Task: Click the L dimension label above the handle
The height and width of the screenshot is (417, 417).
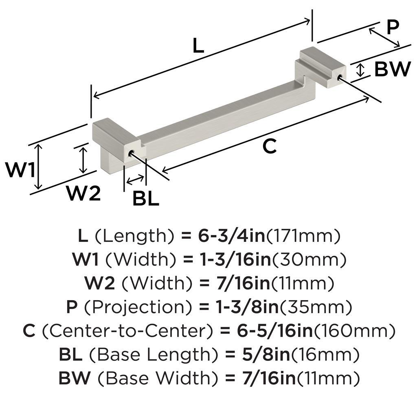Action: (198, 46)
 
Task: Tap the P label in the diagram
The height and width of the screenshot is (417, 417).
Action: (393, 27)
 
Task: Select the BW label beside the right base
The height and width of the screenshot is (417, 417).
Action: (393, 69)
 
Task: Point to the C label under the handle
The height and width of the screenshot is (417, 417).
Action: (269, 146)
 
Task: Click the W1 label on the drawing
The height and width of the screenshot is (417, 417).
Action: (21, 170)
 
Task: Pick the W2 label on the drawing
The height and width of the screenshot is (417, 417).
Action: (83, 193)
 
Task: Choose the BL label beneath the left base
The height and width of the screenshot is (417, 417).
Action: (146, 198)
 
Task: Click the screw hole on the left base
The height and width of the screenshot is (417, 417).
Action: (131, 154)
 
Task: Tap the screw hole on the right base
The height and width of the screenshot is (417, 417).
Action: (339, 78)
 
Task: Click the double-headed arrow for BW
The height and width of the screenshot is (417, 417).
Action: (360, 70)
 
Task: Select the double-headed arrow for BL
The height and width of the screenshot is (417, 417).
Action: (135, 180)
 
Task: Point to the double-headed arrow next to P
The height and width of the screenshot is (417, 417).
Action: (384, 37)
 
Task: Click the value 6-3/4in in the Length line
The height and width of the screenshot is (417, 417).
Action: (232, 236)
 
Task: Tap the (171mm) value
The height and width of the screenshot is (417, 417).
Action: (303, 236)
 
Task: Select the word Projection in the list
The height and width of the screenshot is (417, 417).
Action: (138, 307)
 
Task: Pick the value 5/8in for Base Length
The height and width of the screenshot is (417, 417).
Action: (266, 355)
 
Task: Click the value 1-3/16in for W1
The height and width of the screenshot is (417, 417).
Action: (236, 259)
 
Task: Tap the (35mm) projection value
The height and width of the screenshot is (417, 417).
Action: (316, 307)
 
